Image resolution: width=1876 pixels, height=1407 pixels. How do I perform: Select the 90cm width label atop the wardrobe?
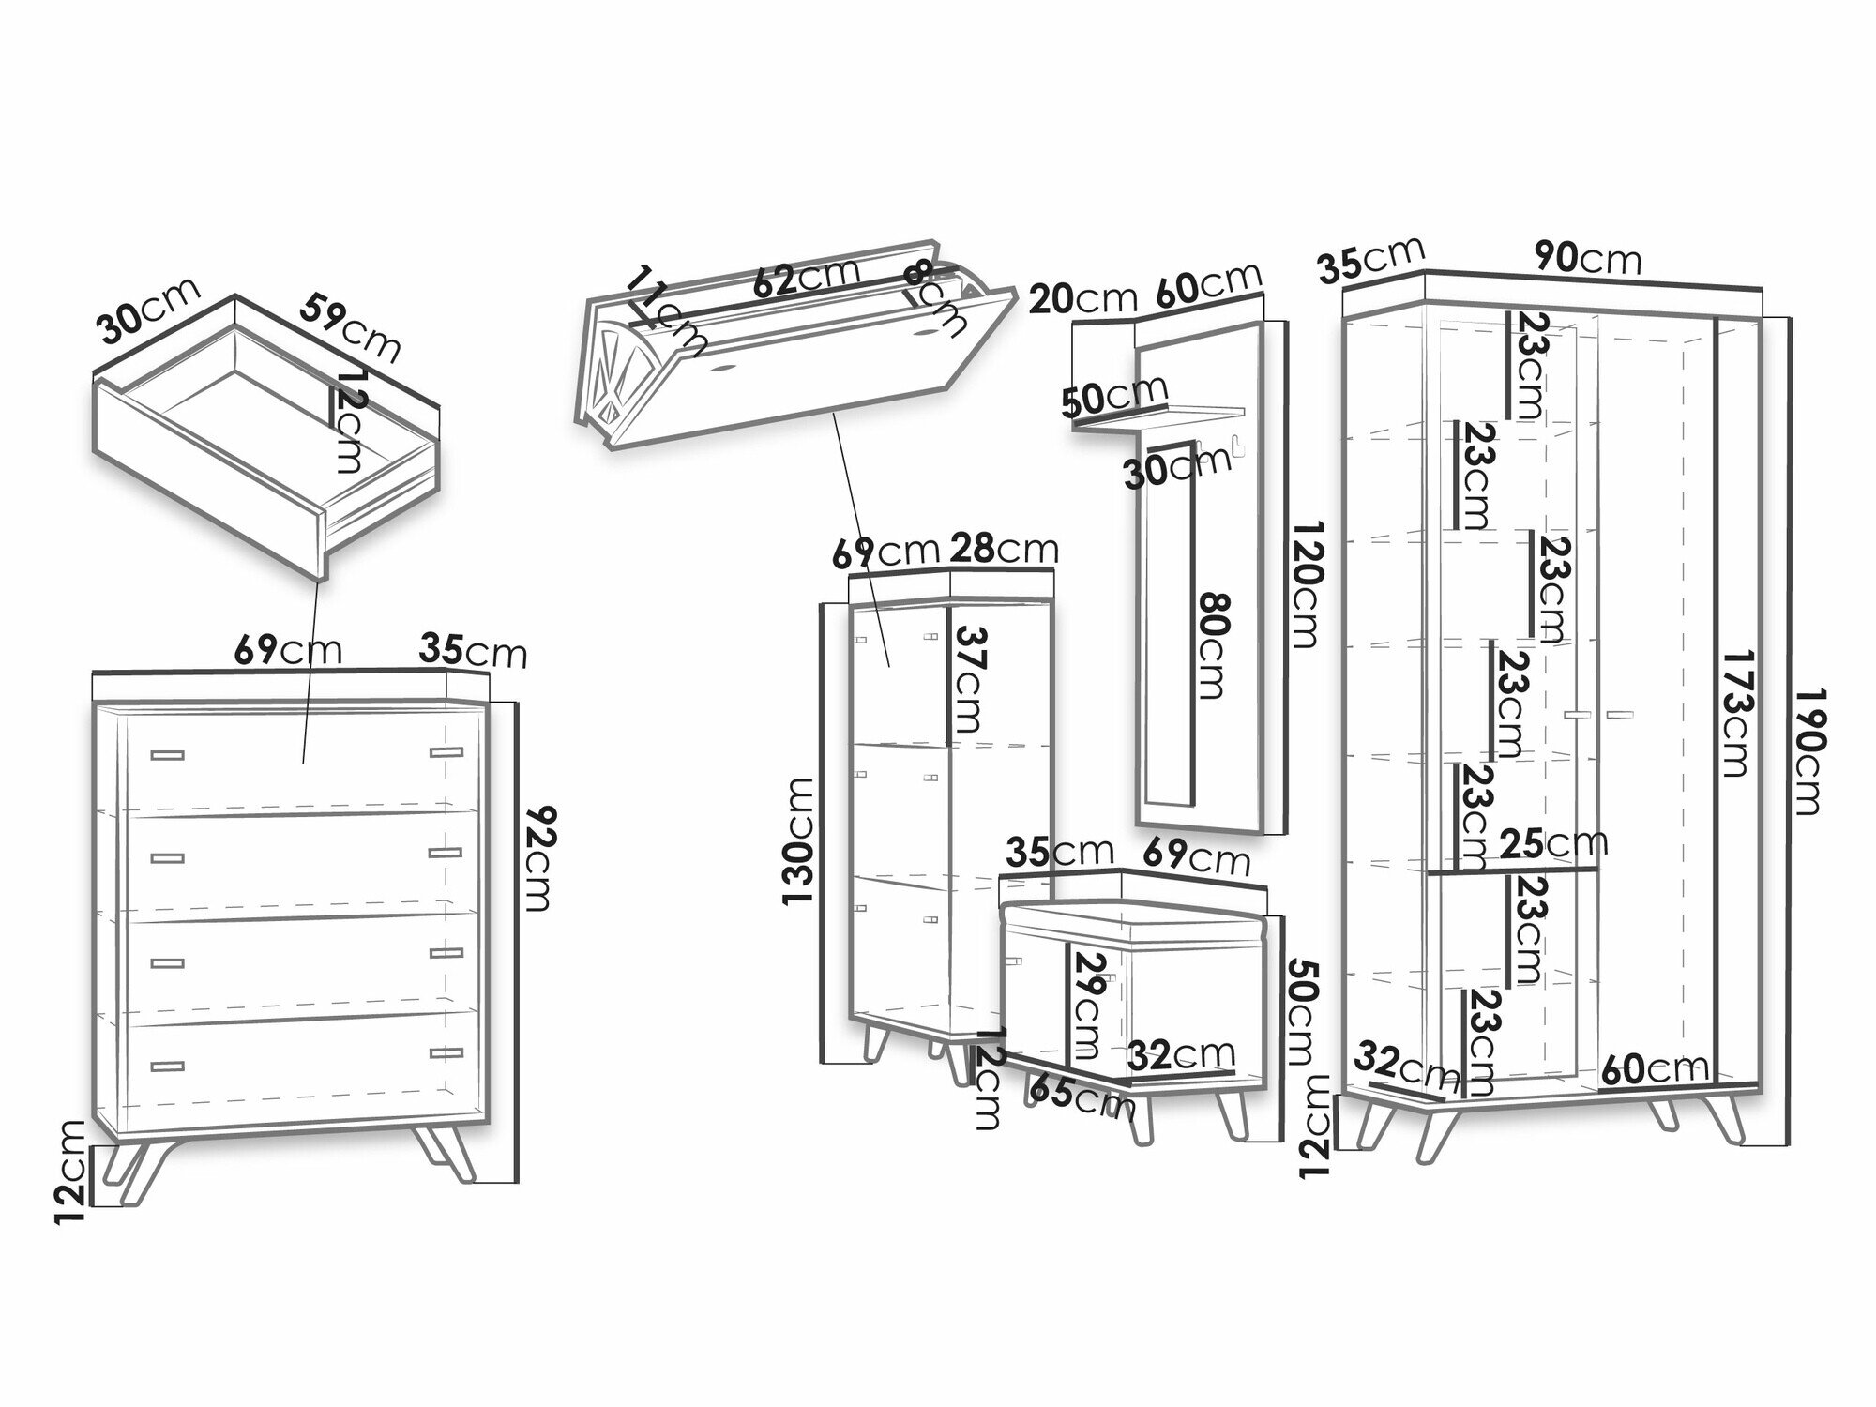tap(1588, 258)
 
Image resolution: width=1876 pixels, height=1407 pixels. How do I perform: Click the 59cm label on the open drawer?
tap(350, 327)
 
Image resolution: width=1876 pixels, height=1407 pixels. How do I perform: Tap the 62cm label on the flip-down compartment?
tap(806, 277)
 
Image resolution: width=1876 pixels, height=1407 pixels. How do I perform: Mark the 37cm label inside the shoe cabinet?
tap(968, 680)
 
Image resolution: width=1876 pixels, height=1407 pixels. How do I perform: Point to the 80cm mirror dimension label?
tap(1212, 645)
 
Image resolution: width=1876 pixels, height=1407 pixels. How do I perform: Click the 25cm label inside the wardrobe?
tap(1553, 843)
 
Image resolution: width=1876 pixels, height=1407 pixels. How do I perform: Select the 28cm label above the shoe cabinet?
tap(1005, 548)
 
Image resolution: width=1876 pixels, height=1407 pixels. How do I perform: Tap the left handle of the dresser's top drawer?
tap(166, 754)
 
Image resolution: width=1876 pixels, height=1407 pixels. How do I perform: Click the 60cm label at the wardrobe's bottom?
tap(1656, 1068)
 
